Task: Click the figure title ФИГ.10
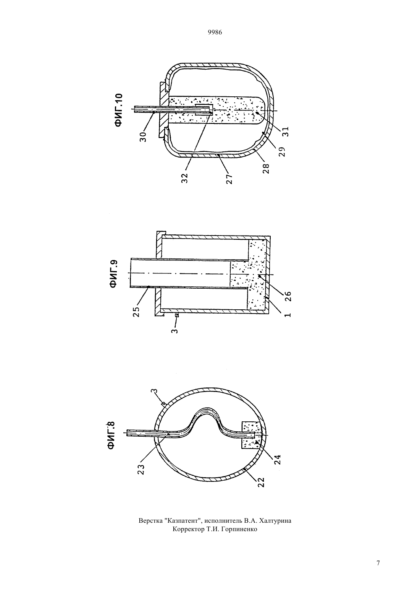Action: click(119, 110)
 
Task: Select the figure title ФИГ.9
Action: click(114, 274)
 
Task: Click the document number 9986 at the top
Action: click(215, 33)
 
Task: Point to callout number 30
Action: click(143, 136)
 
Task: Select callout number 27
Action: click(229, 179)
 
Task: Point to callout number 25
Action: click(137, 312)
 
